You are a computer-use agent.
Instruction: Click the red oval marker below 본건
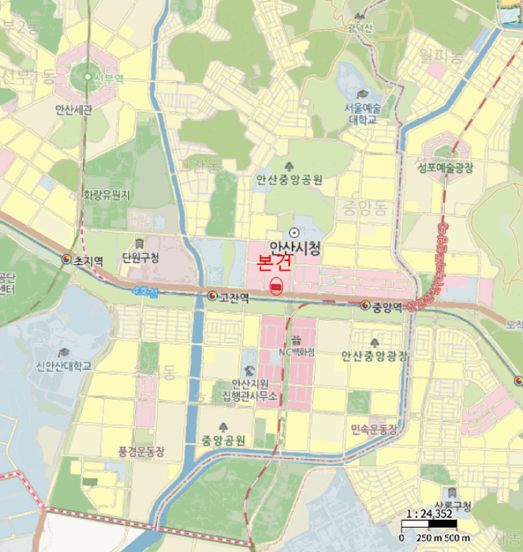pos(276,287)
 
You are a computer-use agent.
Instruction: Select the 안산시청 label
pos(295,248)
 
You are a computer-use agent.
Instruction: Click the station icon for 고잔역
pos(212,297)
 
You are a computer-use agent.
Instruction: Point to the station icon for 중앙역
pos(365,305)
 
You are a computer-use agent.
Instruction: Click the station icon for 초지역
pos(66,259)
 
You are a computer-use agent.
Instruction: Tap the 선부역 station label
pos(109,78)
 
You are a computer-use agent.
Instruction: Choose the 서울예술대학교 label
pos(361,113)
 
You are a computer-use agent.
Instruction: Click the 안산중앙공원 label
pos(289,180)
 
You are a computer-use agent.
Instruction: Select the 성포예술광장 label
pos(445,167)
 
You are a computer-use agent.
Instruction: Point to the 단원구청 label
pos(140,258)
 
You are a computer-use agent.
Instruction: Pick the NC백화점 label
pos(297,352)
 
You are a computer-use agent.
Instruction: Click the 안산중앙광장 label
pos(375,356)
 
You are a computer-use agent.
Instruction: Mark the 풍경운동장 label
pos(141,452)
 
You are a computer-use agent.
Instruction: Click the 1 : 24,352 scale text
pos(428,515)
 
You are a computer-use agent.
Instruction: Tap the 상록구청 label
pos(452,506)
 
